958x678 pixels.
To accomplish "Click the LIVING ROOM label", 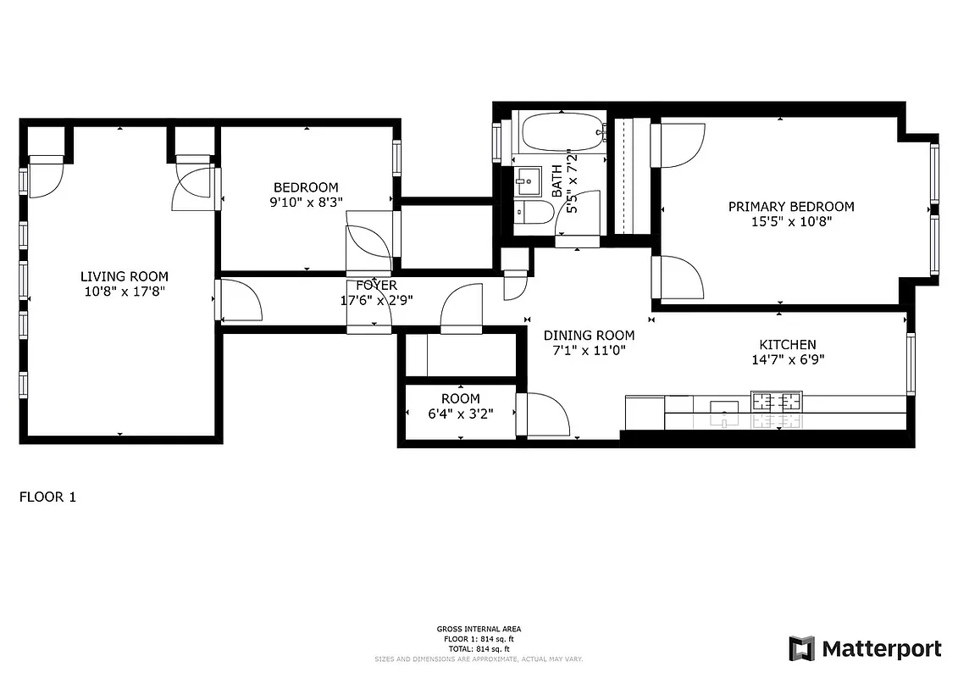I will click(124, 276).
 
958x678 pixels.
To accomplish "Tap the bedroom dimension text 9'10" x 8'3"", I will click(306, 202).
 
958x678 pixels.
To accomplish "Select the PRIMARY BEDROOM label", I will click(791, 206).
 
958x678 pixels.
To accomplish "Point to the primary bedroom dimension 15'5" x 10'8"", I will click(791, 221).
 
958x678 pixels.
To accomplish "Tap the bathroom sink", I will click(527, 180).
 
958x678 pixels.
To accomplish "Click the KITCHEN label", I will click(787, 344).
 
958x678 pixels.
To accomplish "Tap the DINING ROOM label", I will click(589, 335).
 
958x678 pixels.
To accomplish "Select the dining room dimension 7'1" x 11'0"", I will click(589, 350).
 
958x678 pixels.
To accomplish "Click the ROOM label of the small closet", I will click(460, 398).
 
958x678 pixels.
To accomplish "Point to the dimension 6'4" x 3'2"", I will click(460, 413).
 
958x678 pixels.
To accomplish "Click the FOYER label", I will click(376, 286).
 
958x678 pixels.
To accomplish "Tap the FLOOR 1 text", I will click(47, 497).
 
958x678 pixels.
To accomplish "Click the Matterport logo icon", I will click(801, 648).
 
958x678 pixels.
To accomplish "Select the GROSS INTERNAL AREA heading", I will click(479, 629).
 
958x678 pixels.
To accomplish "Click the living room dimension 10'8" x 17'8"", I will click(124, 292).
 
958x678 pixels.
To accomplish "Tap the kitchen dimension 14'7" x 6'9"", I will click(787, 359).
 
